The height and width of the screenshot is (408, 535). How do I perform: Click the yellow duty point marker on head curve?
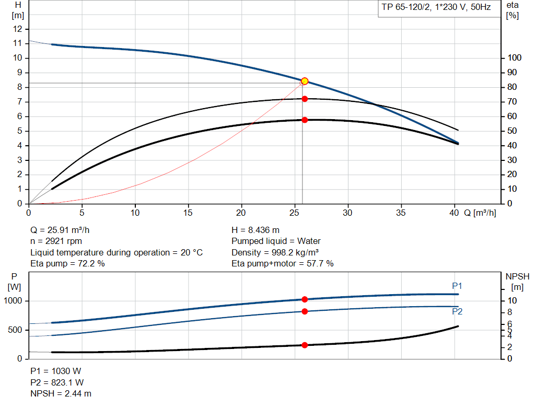[x=305, y=81]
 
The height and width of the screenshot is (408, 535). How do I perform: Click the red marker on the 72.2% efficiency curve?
[x=305, y=99]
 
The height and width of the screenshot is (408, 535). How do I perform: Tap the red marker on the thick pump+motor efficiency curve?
[x=305, y=120]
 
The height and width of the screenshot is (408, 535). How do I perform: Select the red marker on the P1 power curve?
[x=305, y=299]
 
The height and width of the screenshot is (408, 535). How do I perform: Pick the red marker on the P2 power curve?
[x=305, y=311]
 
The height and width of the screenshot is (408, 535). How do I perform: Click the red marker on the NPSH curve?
[x=305, y=345]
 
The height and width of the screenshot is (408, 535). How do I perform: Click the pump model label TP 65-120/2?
[x=405, y=8]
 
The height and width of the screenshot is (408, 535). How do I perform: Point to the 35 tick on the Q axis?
[x=401, y=213]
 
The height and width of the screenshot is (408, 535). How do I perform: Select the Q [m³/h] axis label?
[x=479, y=213]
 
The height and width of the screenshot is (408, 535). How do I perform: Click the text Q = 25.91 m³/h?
[x=63, y=230]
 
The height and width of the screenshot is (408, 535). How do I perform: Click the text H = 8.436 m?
[x=255, y=230]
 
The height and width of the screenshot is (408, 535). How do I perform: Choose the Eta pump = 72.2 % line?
[x=67, y=263]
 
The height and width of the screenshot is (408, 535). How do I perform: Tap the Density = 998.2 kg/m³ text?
[x=275, y=252]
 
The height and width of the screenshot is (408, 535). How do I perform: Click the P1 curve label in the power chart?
[x=457, y=286]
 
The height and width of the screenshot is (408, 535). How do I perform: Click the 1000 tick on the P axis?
[x=14, y=301]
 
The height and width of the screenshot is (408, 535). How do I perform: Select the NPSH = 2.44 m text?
[x=61, y=393]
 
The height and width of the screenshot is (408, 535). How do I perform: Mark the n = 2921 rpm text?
[x=56, y=241]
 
